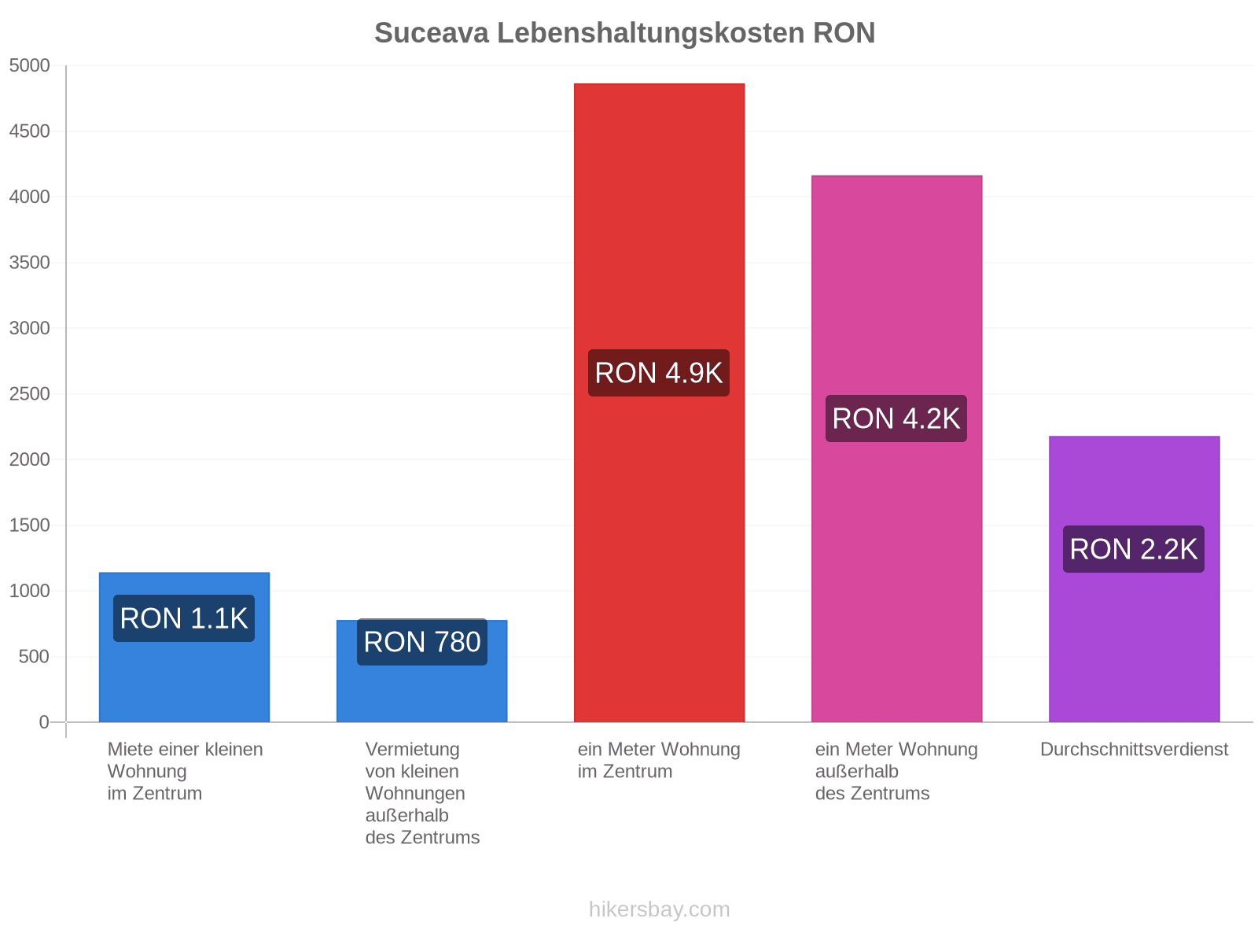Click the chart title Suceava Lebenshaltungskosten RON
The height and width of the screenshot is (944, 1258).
click(x=624, y=33)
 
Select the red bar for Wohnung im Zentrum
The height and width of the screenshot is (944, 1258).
click(x=659, y=402)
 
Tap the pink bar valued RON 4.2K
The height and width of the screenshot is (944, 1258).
click(x=896, y=448)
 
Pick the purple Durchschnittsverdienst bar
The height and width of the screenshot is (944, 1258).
click(x=1134, y=579)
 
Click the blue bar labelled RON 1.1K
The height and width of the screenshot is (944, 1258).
click(x=184, y=647)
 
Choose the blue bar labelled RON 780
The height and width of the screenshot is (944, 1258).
click(x=421, y=670)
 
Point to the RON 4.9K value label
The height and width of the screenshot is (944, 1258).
click(x=659, y=373)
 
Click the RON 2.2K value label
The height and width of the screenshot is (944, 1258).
click(x=1133, y=548)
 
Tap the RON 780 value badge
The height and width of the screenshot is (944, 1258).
click(x=421, y=641)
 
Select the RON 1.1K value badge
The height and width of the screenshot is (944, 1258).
click(x=184, y=618)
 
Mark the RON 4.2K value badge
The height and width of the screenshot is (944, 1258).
click(x=896, y=418)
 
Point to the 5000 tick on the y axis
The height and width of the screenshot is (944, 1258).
click(x=29, y=65)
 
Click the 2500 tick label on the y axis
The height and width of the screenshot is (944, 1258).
click(x=29, y=394)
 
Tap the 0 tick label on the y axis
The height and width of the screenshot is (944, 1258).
click(x=43, y=721)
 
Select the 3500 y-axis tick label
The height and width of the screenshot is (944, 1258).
click(x=29, y=263)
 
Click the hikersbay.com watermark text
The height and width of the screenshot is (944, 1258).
click(x=659, y=909)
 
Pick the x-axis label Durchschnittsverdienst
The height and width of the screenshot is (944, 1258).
click(x=1134, y=749)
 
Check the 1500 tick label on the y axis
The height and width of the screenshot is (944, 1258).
click(x=29, y=525)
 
